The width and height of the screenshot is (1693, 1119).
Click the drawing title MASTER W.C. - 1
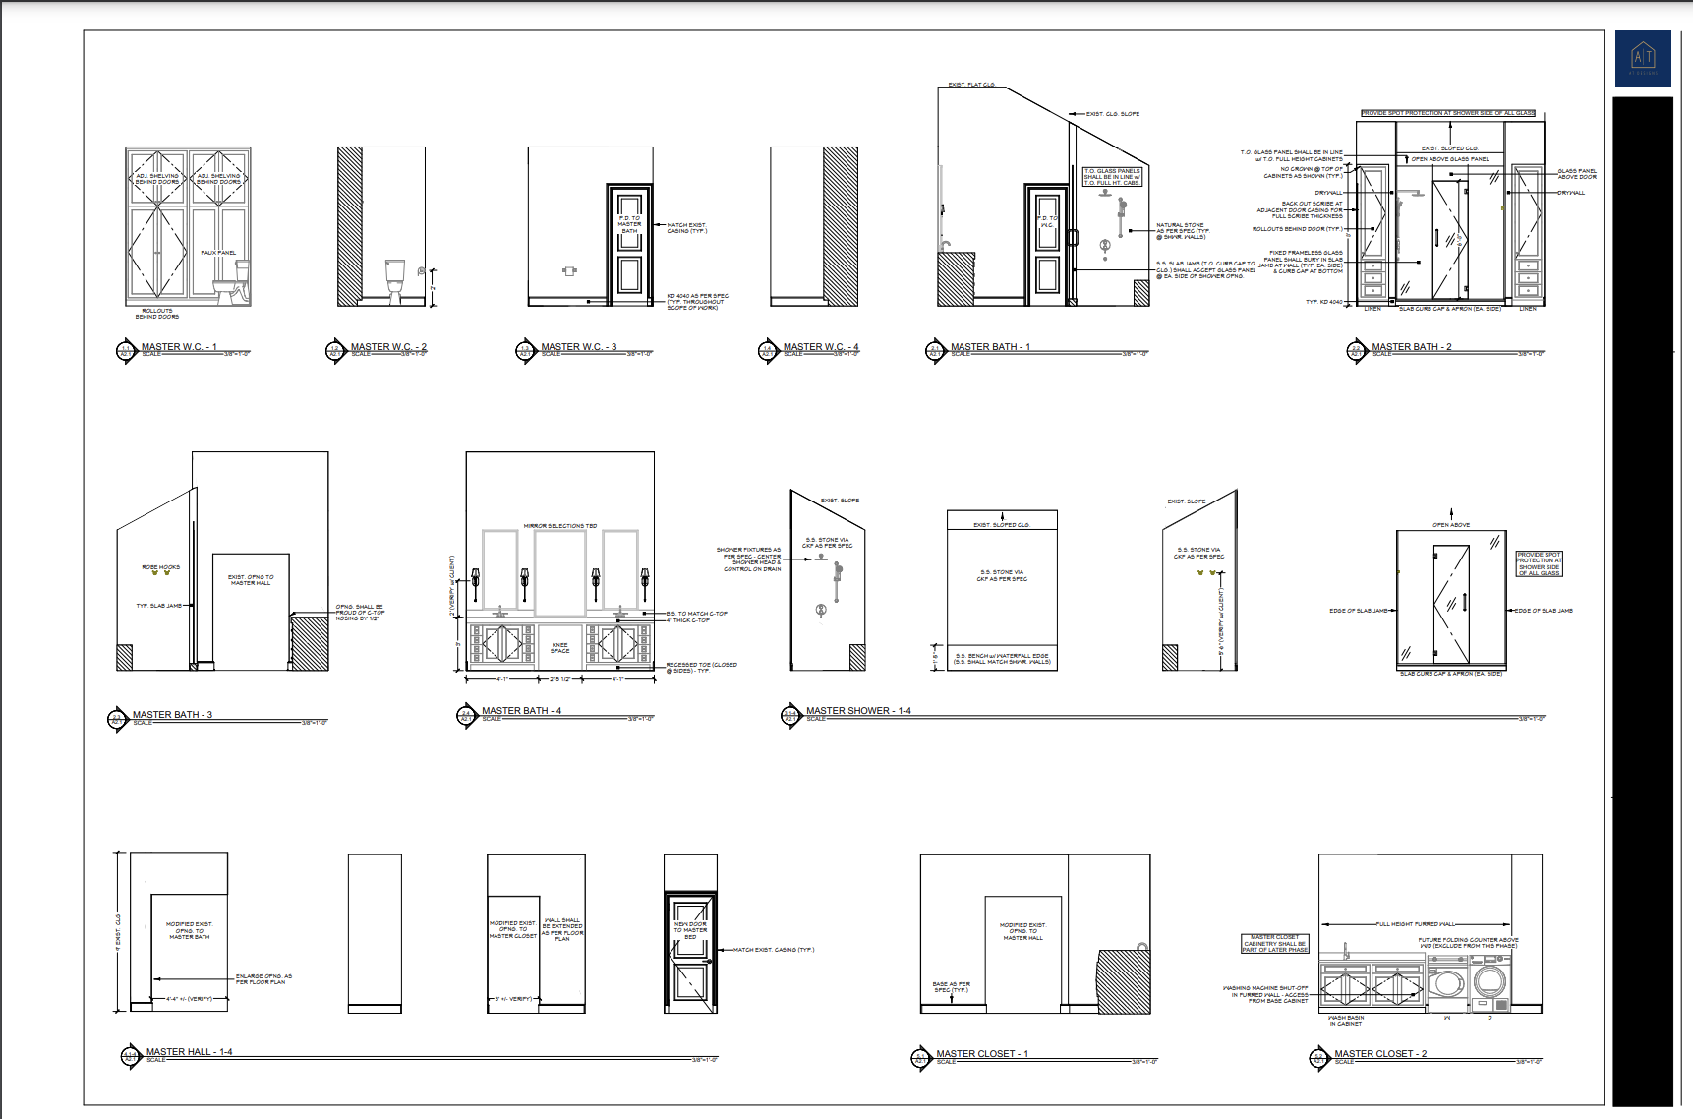(x=179, y=347)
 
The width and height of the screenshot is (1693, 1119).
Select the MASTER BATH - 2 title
(x=1411, y=347)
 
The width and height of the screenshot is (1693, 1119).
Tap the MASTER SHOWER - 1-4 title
(x=858, y=710)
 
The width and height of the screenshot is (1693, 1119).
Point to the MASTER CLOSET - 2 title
(x=1380, y=1053)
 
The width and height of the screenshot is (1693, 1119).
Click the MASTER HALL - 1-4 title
(x=189, y=1052)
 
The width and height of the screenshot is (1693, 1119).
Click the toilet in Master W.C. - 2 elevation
(x=395, y=279)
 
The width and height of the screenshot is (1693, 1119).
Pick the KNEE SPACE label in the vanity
(x=559, y=648)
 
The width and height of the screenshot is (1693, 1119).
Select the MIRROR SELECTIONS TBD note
(x=559, y=526)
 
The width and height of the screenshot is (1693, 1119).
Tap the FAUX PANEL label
(x=218, y=253)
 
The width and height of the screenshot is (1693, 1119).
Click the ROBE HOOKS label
(x=161, y=567)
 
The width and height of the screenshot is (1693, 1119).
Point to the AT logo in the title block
(x=1643, y=57)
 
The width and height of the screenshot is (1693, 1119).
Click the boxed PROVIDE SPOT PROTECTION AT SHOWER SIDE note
(x=1539, y=563)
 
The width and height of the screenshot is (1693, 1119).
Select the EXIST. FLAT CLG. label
(x=971, y=85)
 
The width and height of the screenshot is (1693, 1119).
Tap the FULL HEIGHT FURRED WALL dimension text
(x=1416, y=924)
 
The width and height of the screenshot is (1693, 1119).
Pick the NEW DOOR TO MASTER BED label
(x=690, y=930)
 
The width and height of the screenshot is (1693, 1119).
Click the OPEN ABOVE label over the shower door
(x=1451, y=525)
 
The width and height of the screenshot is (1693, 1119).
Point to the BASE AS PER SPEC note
(x=951, y=986)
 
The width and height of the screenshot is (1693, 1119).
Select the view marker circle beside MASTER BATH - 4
(x=466, y=715)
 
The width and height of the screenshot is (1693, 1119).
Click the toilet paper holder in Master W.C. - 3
(x=569, y=270)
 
